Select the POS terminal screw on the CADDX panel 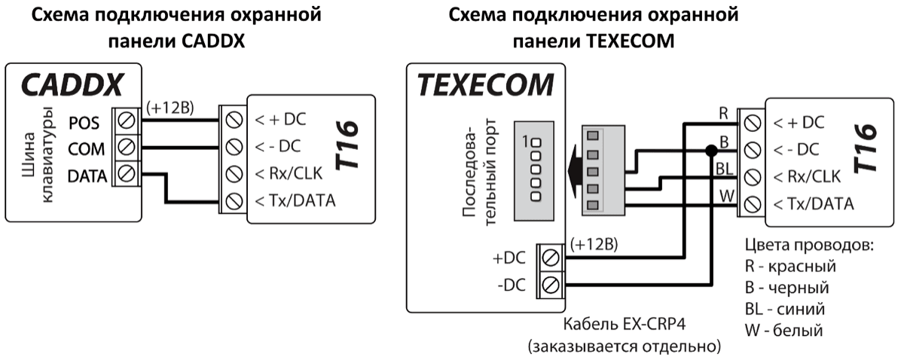click(127, 121)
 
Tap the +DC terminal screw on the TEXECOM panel click(550, 258)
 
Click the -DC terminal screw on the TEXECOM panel click(550, 285)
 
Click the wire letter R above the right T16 click(724, 114)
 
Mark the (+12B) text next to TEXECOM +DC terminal click(595, 245)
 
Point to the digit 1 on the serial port click(524, 140)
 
